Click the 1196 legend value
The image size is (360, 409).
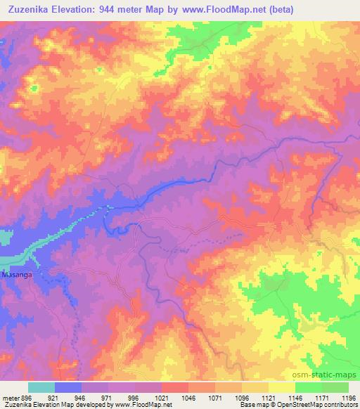347,396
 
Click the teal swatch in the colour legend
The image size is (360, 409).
41,387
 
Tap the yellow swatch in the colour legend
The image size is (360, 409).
282,387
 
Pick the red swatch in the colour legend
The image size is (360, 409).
175,387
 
